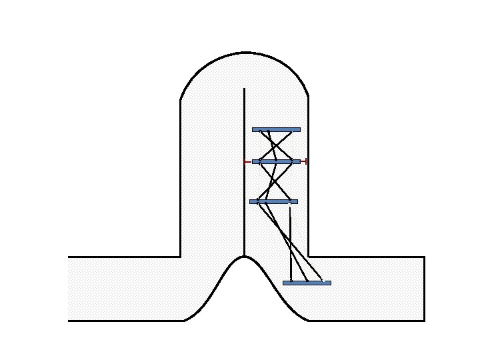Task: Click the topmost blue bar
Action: [276, 129]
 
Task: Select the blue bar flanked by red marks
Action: [276, 161]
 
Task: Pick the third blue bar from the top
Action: [273, 201]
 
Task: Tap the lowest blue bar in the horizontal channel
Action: [307, 283]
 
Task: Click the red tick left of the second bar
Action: [247, 161]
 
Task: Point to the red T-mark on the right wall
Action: [304, 161]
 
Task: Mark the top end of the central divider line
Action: [245, 88]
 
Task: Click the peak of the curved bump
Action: [245, 257]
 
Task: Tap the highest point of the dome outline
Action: [245, 52]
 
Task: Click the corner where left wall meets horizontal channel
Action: [181, 257]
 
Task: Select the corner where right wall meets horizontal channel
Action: [308, 257]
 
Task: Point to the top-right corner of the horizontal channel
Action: [425, 257]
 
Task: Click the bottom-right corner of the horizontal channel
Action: [425, 321]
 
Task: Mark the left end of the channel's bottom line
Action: [69, 321]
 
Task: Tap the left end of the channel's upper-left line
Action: [69, 257]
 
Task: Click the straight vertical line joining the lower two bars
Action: [291, 243]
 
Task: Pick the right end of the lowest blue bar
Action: [330, 283]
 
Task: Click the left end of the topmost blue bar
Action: [253, 129]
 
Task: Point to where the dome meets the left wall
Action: [181, 100]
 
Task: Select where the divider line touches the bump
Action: [245, 256]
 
